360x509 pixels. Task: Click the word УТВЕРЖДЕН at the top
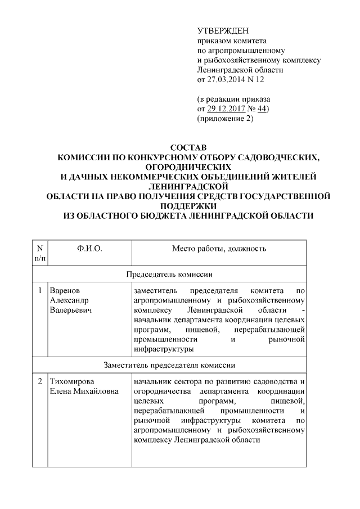tap(222, 30)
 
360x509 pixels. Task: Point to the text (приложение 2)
tap(225, 118)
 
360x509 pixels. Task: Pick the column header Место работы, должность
tap(219, 248)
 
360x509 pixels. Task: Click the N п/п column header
tap(40, 253)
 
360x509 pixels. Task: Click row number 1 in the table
tap(40, 291)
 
